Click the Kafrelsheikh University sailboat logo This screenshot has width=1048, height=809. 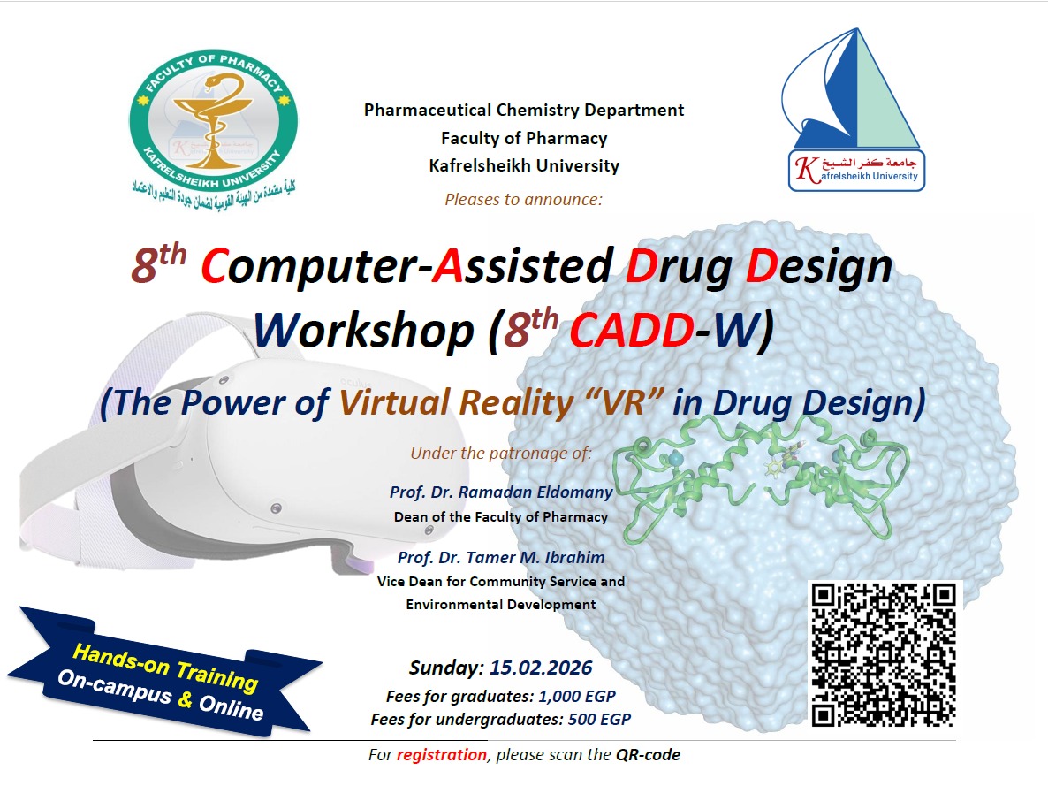[x=854, y=110]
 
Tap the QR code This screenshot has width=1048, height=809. [x=884, y=654]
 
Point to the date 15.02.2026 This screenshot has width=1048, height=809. [x=541, y=668]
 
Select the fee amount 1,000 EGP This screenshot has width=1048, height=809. [x=577, y=696]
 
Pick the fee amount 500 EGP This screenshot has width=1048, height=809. [x=599, y=720]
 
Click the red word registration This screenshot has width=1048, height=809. [x=442, y=755]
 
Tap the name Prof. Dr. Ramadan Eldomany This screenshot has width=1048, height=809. [x=501, y=492]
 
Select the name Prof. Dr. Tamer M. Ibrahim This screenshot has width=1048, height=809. [x=501, y=558]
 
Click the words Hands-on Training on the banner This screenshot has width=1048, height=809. [x=165, y=668]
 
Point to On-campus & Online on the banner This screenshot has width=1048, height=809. [x=161, y=695]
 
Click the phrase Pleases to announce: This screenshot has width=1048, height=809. [x=524, y=199]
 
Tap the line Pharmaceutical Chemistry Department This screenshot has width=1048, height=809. [x=524, y=111]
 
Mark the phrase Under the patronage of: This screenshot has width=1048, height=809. [x=501, y=454]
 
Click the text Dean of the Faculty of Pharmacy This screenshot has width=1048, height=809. [x=501, y=517]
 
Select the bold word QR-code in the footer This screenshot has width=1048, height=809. [x=649, y=755]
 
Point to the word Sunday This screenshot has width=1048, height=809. [x=446, y=668]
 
